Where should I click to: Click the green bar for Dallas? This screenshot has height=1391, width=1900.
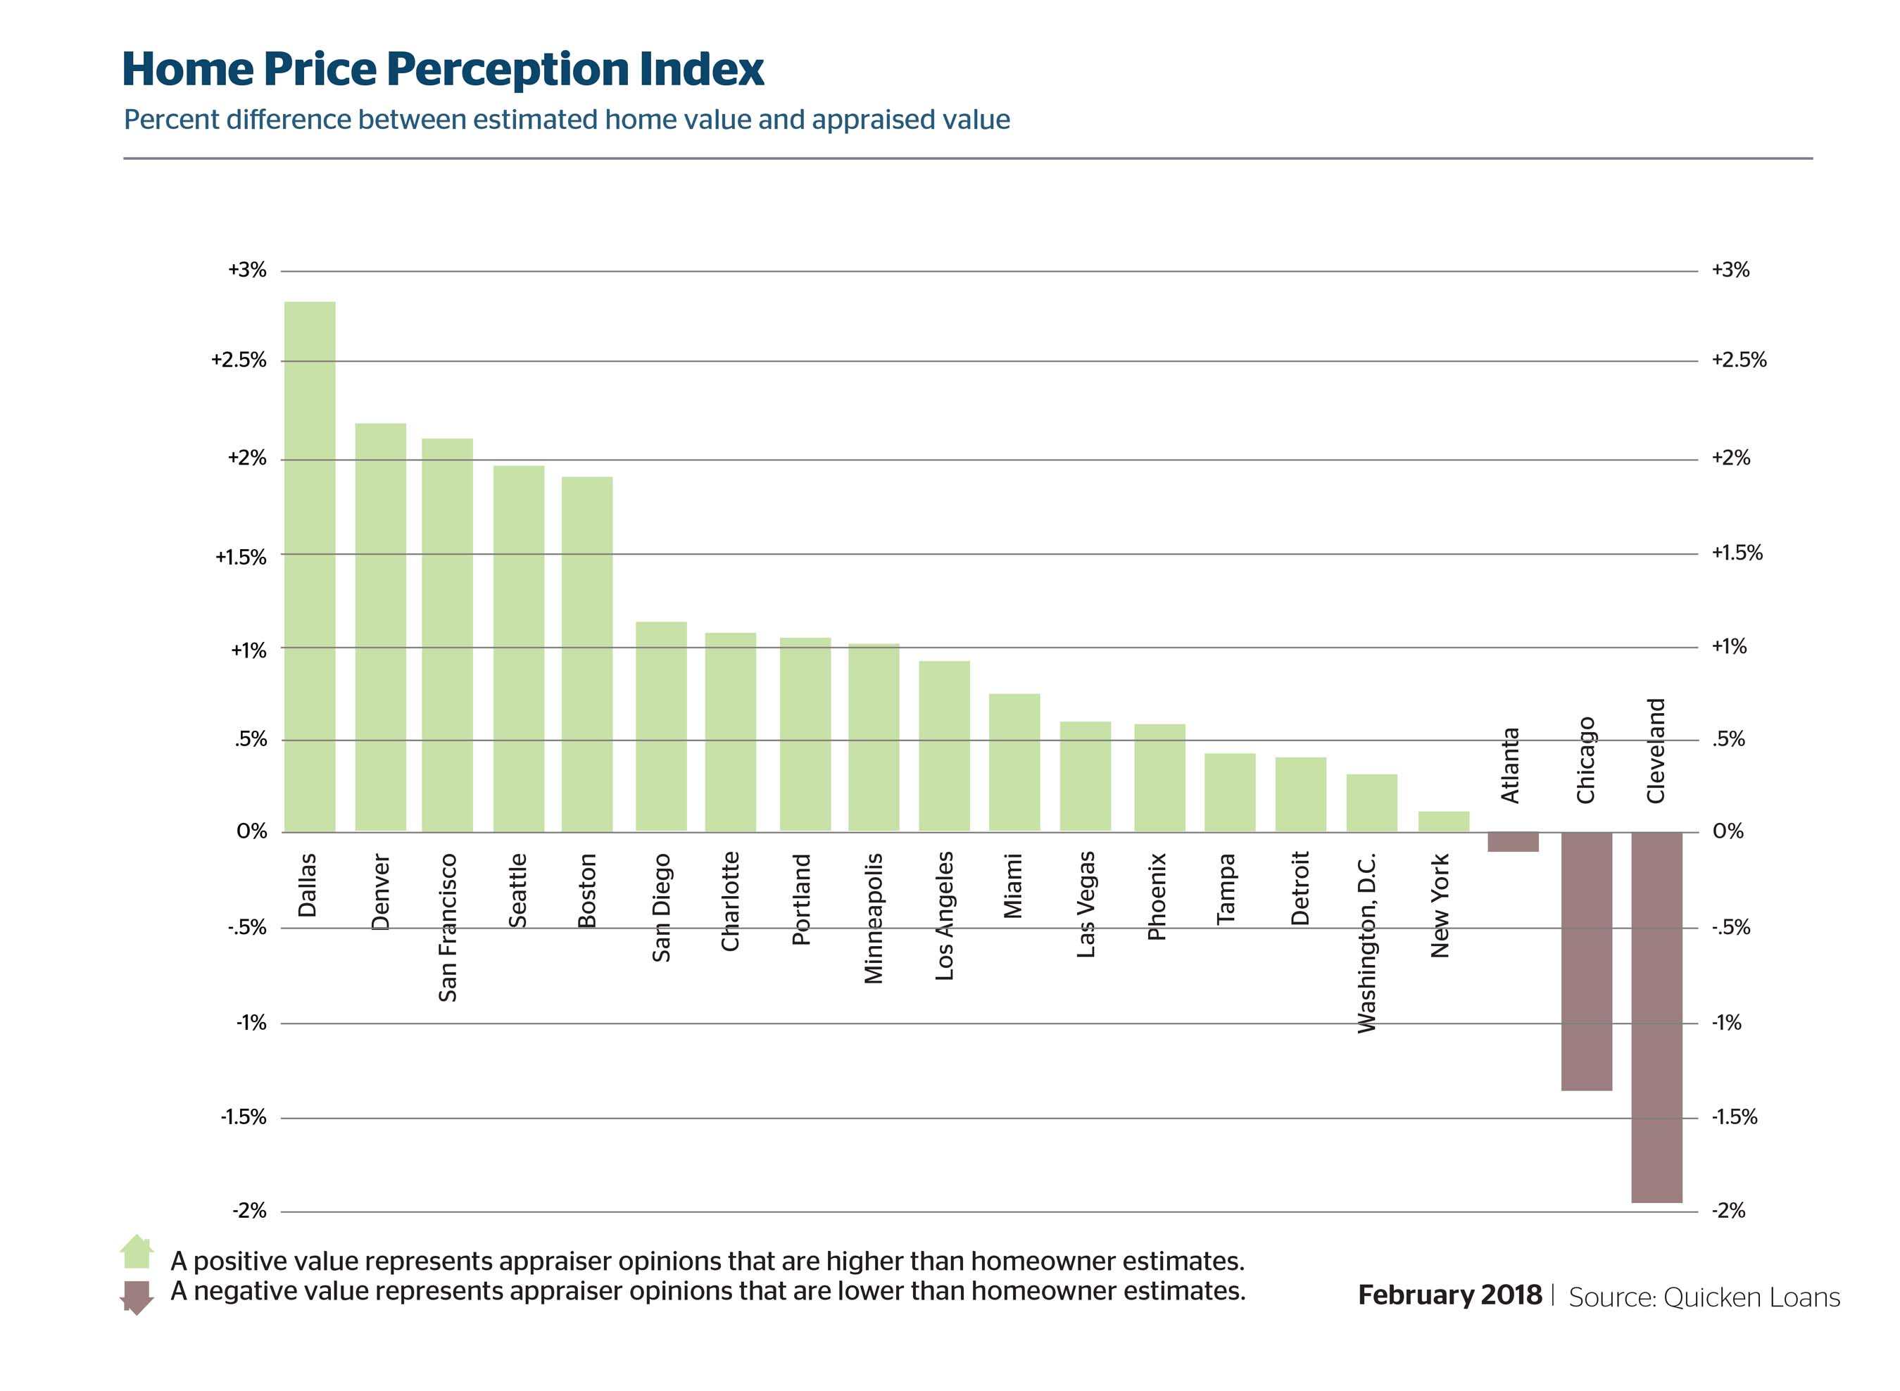[x=310, y=566]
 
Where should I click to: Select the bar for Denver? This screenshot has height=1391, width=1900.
[x=381, y=627]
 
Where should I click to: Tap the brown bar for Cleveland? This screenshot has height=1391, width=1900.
[x=1656, y=1017]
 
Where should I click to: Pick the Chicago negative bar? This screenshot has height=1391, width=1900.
[x=1586, y=961]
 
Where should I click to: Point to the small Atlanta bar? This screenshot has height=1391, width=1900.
[x=1513, y=842]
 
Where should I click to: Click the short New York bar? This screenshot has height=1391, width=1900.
[x=1443, y=822]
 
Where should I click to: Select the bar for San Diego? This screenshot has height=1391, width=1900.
[x=661, y=726]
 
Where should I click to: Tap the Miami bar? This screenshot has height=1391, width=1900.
[x=1014, y=763]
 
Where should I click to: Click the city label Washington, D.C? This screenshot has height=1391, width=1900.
[x=1366, y=943]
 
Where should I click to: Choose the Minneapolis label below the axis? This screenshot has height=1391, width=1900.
[x=874, y=919]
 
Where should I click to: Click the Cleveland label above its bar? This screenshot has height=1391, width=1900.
[x=1656, y=751]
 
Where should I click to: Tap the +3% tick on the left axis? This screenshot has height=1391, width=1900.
[x=246, y=270]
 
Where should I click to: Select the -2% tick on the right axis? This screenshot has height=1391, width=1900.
[x=1728, y=1211]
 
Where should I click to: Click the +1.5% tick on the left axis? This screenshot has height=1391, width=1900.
[x=241, y=557]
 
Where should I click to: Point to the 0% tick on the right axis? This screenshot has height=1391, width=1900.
[x=1728, y=831]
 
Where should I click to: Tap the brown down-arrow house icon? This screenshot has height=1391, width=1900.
[x=137, y=1297]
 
